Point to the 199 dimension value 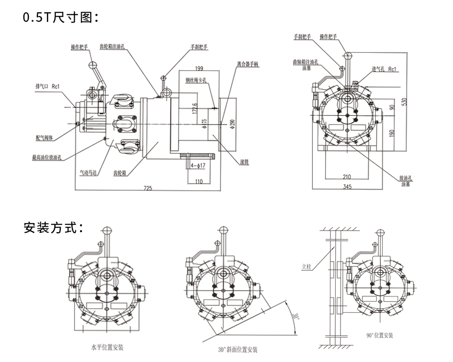point(200,68)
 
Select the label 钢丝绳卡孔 point(199,81)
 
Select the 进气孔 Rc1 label point(384,69)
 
